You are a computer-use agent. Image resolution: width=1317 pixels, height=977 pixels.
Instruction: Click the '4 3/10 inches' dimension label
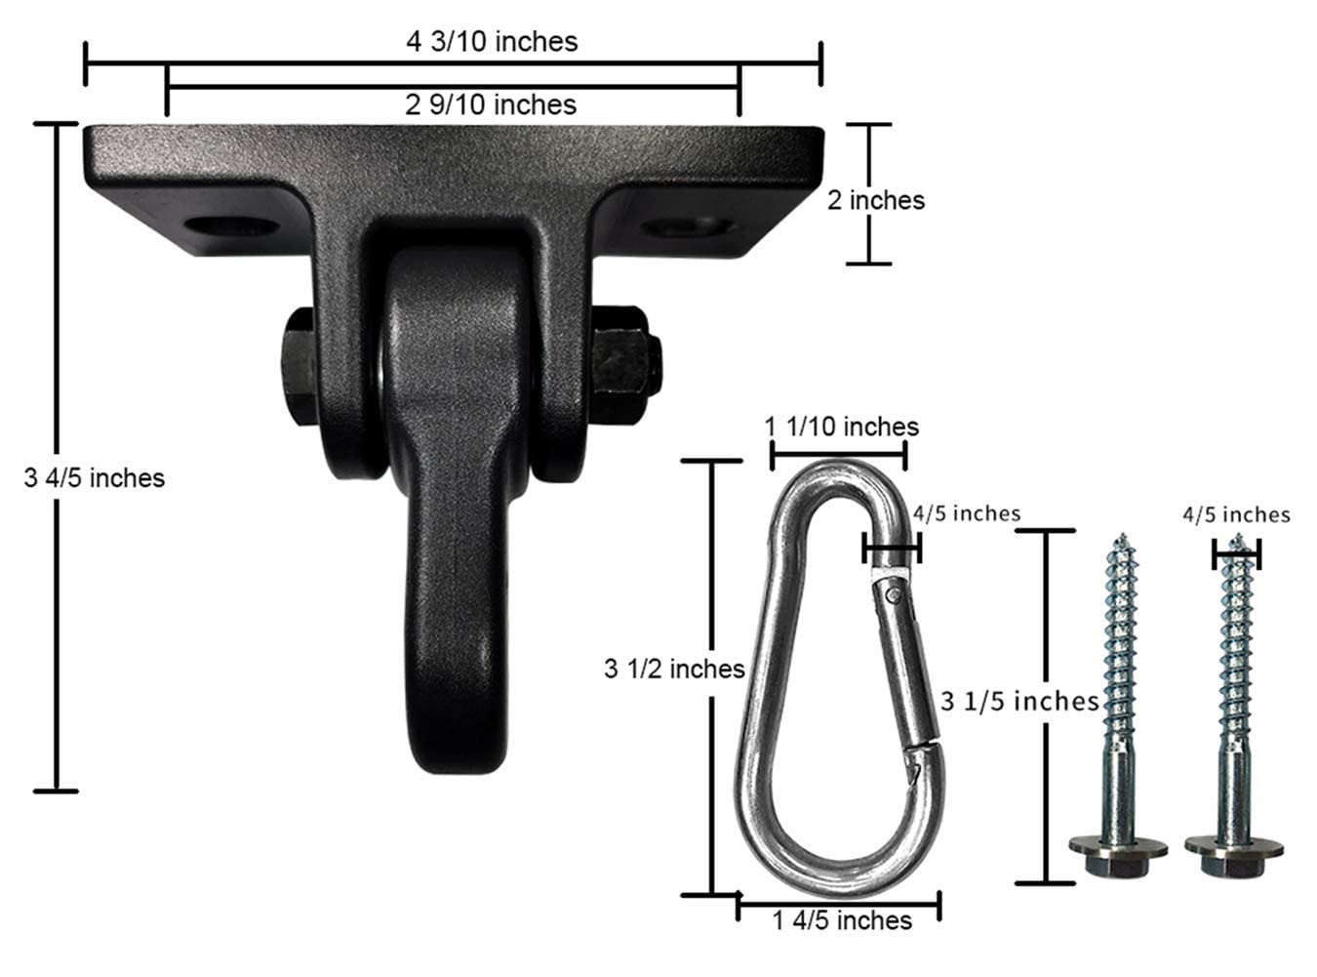492,41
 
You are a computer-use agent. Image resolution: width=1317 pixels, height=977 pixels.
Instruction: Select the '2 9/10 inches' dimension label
491,103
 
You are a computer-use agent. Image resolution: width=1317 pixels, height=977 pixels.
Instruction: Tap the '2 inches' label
875,200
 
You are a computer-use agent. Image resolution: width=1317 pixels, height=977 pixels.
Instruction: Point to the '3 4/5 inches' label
95,477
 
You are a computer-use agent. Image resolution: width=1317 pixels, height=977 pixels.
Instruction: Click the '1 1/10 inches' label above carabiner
841,427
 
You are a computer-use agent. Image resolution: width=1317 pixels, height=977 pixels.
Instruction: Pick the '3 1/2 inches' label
674,669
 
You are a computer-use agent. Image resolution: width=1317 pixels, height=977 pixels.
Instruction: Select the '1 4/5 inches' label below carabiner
841,920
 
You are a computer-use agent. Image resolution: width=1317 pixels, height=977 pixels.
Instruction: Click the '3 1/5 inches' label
1019,701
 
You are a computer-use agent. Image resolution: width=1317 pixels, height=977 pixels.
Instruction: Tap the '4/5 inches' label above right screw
1236,514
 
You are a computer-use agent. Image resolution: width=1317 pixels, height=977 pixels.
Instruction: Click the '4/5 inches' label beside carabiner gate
966,513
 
